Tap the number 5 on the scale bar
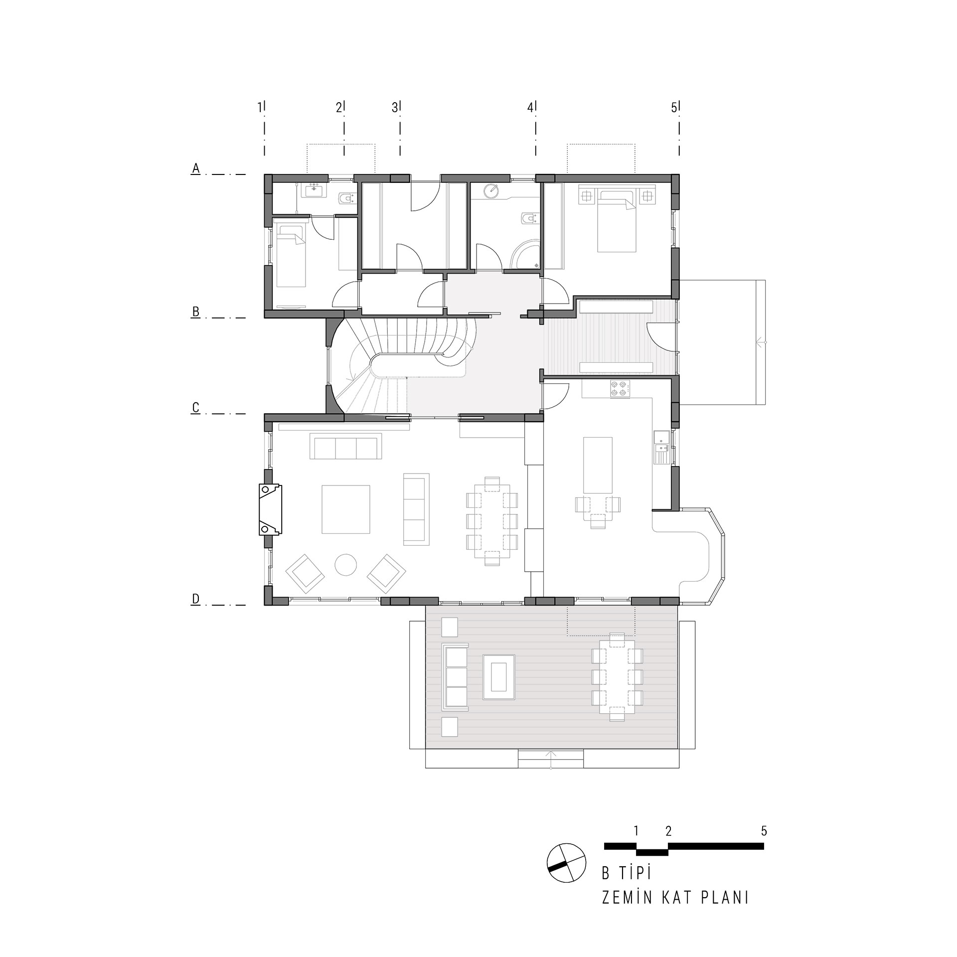coord(764,831)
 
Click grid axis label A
coord(196,169)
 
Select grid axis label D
coord(196,599)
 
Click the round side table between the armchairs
coord(345,565)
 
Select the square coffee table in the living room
coord(346,509)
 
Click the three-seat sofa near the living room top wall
coord(346,446)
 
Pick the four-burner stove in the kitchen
coord(619,389)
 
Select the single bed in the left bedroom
coord(291,256)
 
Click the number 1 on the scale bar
coord(636,831)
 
